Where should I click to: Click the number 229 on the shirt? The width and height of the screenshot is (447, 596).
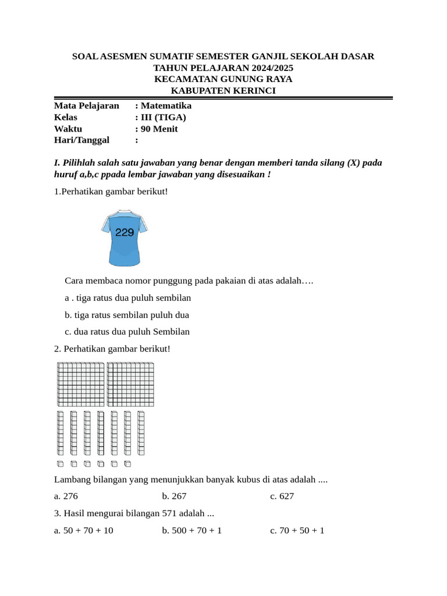coord(125,232)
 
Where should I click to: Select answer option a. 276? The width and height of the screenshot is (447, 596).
coord(66,496)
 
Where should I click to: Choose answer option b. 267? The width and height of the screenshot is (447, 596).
coord(174,496)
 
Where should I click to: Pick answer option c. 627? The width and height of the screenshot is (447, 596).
coord(282,496)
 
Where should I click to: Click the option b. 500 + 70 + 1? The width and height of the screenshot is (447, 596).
coord(192,531)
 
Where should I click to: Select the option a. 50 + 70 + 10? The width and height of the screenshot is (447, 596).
coord(84,531)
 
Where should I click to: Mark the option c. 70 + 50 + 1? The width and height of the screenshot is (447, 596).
coord(297,531)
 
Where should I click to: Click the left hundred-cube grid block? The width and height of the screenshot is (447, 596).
coord(80,384)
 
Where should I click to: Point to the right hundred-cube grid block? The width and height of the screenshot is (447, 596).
coord(130,384)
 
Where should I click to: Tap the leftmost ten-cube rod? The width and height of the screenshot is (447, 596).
coord(60,433)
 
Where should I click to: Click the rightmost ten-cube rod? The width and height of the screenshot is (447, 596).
coord(141,433)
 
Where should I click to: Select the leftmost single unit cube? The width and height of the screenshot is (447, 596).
coord(60,464)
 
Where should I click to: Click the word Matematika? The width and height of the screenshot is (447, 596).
coord(166,106)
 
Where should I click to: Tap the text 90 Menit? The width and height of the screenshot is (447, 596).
coord(159,129)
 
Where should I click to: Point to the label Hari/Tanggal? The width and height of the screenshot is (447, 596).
coord(81,140)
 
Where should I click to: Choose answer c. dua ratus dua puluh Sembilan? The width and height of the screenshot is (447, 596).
coord(127,332)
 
